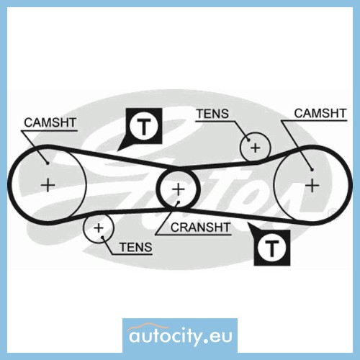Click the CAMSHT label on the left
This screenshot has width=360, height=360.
coord(50,122)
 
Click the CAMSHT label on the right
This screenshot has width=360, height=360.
coord(320,114)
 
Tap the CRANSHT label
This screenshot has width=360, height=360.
coord(200,228)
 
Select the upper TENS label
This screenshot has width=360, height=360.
coord(212,114)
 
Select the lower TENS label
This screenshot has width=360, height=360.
coord(136,247)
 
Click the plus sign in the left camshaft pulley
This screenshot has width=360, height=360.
coord(48,185)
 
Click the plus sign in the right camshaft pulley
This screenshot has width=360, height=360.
coord(312,185)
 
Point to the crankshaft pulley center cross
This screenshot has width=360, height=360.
coord(178,189)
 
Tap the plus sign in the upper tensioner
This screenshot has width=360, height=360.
coord(256,148)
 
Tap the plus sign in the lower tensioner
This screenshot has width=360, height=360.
coord(99,228)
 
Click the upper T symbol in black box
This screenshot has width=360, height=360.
coord(144,126)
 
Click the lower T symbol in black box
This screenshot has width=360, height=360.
coord(271,248)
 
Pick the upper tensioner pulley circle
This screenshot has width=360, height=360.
coord(240,147)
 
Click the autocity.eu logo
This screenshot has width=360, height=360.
coord(180,336)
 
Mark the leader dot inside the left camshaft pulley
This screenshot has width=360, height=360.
coord(48,163)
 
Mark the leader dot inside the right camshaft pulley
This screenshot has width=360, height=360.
coord(312,169)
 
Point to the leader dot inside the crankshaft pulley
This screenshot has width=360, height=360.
coord(178,202)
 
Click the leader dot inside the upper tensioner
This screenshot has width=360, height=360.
coord(248,140)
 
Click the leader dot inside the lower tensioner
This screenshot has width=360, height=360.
coord(102,238)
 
